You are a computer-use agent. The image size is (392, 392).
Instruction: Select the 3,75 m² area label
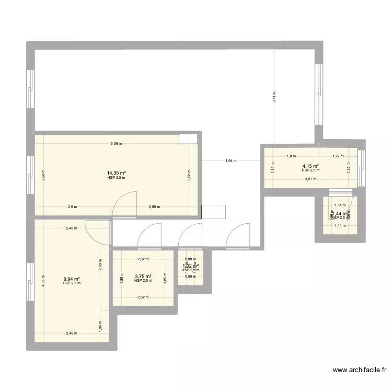pyautogui.click(x=143, y=276)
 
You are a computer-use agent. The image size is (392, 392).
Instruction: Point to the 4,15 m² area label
pyautogui.click(x=310, y=166)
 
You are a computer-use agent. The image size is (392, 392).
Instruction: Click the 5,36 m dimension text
pyautogui.click(x=116, y=144)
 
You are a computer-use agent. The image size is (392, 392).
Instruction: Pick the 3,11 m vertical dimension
pyautogui.click(x=275, y=97)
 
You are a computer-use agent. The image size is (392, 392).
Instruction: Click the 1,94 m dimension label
pyautogui.click(x=230, y=161)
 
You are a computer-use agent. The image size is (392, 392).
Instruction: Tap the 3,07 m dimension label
pyautogui.click(x=310, y=179)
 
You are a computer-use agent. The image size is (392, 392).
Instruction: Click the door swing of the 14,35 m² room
pyautogui.click(x=125, y=204)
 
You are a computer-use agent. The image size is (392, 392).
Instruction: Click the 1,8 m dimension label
pyautogui.click(x=291, y=156)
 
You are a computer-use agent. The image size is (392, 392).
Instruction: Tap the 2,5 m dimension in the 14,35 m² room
pyautogui.click(x=72, y=206)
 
